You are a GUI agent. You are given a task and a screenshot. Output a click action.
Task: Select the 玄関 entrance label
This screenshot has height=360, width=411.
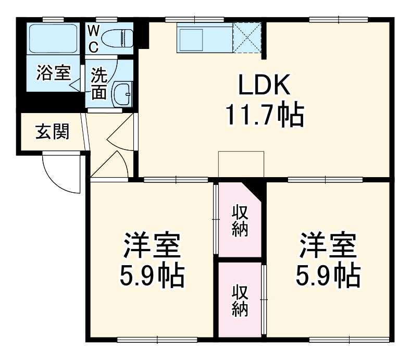(x=52, y=132)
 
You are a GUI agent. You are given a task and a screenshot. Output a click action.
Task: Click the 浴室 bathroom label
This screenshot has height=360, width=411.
(x=53, y=73)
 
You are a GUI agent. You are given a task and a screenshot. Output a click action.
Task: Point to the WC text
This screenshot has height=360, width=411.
(x=93, y=39)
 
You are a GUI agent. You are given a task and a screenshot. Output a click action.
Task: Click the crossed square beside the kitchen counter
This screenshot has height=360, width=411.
(x=246, y=38)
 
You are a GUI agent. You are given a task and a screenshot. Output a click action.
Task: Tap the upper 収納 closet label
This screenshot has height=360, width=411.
(x=239, y=221)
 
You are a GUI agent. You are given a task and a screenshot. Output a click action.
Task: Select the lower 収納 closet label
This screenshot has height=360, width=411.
(x=239, y=301)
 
